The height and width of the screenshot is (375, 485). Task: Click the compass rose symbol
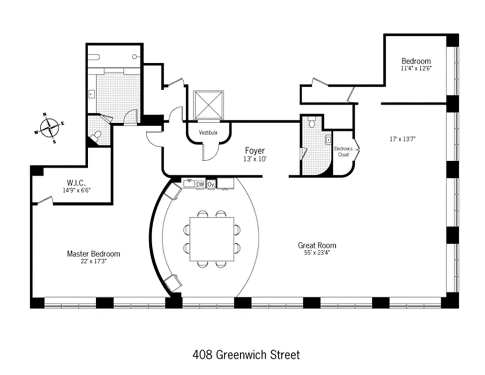pyautogui.click(x=49, y=127)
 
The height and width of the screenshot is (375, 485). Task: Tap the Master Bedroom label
pyautogui.click(x=93, y=254)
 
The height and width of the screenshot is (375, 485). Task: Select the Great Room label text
pyautogui.click(x=317, y=245)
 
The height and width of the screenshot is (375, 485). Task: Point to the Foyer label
pyautogui.click(x=255, y=150)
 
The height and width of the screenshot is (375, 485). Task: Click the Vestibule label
pyautogui.click(x=208, y=133)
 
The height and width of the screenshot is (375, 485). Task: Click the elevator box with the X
pyautogui.click(x=209, y=105)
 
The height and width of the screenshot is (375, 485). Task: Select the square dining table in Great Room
pyautogui.click(x=211, y=239)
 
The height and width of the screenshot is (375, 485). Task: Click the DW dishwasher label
pyautogui.click(x=200, y=184)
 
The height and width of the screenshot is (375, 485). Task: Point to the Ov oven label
pyautogui.click(x=211, y=184)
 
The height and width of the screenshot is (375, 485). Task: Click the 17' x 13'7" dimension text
pyautogui.click(x=403, y=139)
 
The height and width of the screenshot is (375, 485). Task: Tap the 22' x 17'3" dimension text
pyautogui.click(x=93, y=262)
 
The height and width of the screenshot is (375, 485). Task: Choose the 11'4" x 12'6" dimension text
pyautogui.click(x=416, y=68)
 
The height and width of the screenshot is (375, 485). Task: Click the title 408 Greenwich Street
pyautogui.click(x=246, y=354)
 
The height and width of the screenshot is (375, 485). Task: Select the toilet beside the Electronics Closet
pyautogui.click(x=312, y=123)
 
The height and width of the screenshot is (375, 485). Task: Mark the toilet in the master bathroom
pyautogui.click(x=96, y=136)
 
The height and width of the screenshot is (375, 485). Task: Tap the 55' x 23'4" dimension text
pyautogui.click(x=317, y=253)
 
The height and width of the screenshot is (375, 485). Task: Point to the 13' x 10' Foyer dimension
pyautogui.click(x=255, y=159)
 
